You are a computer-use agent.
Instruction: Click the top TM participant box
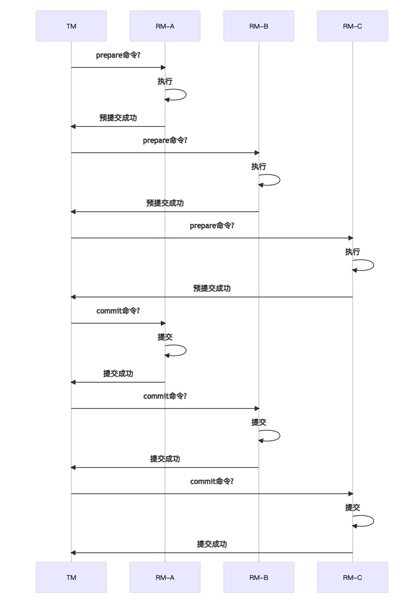pyautogui.click(x=71, y=26)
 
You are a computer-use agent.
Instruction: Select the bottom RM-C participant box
pyautogui.click(x=352, y=578)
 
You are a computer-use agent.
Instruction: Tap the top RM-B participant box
pyautogui.click(x=258, y=26)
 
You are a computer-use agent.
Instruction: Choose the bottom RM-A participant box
pyautogui.click(x=165, y=578)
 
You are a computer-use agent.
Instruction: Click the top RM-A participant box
pyautogui.click(x=165, y=26)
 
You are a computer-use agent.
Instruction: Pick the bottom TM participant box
pyautogui.click(x=71, y=578)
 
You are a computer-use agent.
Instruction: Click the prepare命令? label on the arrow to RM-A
pyautogui.click(x=118, y=55)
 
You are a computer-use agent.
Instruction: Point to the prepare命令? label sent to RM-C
pyautogui.click(x=212, y=226)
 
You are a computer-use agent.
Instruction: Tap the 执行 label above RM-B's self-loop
pyautogui.click(x=258, y=167)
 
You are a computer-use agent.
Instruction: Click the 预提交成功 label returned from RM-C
pyautogui.click(x=212, y=289)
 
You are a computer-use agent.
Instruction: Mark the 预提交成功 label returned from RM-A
pyautogui.click(x=118, y=118)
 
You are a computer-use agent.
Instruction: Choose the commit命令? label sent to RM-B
pyautogui.click(x=165, y=396)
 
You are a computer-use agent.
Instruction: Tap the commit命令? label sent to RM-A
pyautogui.click(x=118, y=311)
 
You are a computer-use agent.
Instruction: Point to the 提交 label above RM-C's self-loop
pyautogui.click(x=352, y=508)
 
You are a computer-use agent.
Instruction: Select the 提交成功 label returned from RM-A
pyautogui.click(x=118, y=374)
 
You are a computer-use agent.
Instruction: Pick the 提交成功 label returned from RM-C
pyautogui.click(x=212, y=544)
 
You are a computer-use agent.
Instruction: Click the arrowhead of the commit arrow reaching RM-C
pyautogui.click(x=350, y=494)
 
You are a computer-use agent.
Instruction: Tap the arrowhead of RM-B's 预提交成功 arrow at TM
pyautogui.click(x=73, y=212)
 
